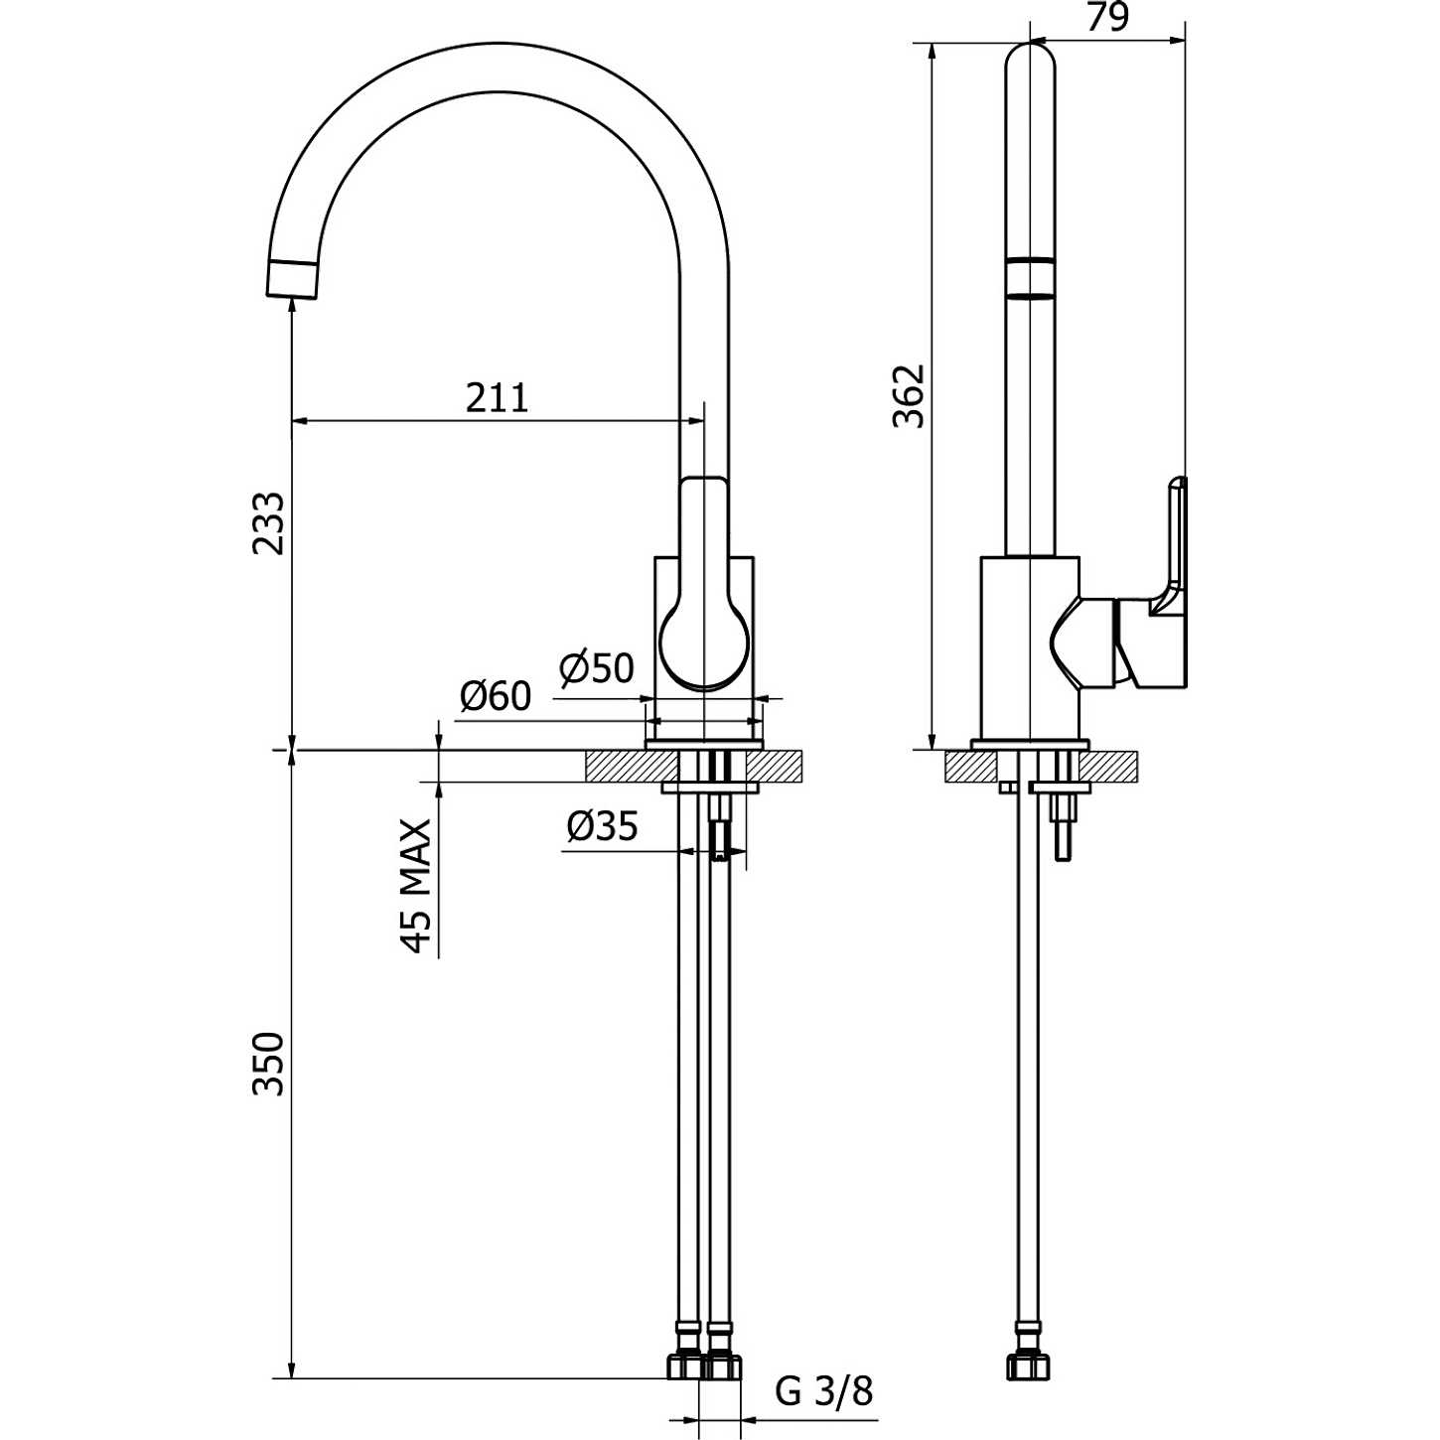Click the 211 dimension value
point(498,398)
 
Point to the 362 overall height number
point(908,396)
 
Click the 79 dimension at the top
point(1107,18)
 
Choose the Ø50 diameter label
point(596,668)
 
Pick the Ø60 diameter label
point(496,697)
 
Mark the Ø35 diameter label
point(602,826)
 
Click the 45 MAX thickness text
point(417,886)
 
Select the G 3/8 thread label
point(823,1391)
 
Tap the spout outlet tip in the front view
point(293,279)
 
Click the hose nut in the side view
point(1028,1366)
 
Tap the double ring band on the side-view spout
point(1030,277)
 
